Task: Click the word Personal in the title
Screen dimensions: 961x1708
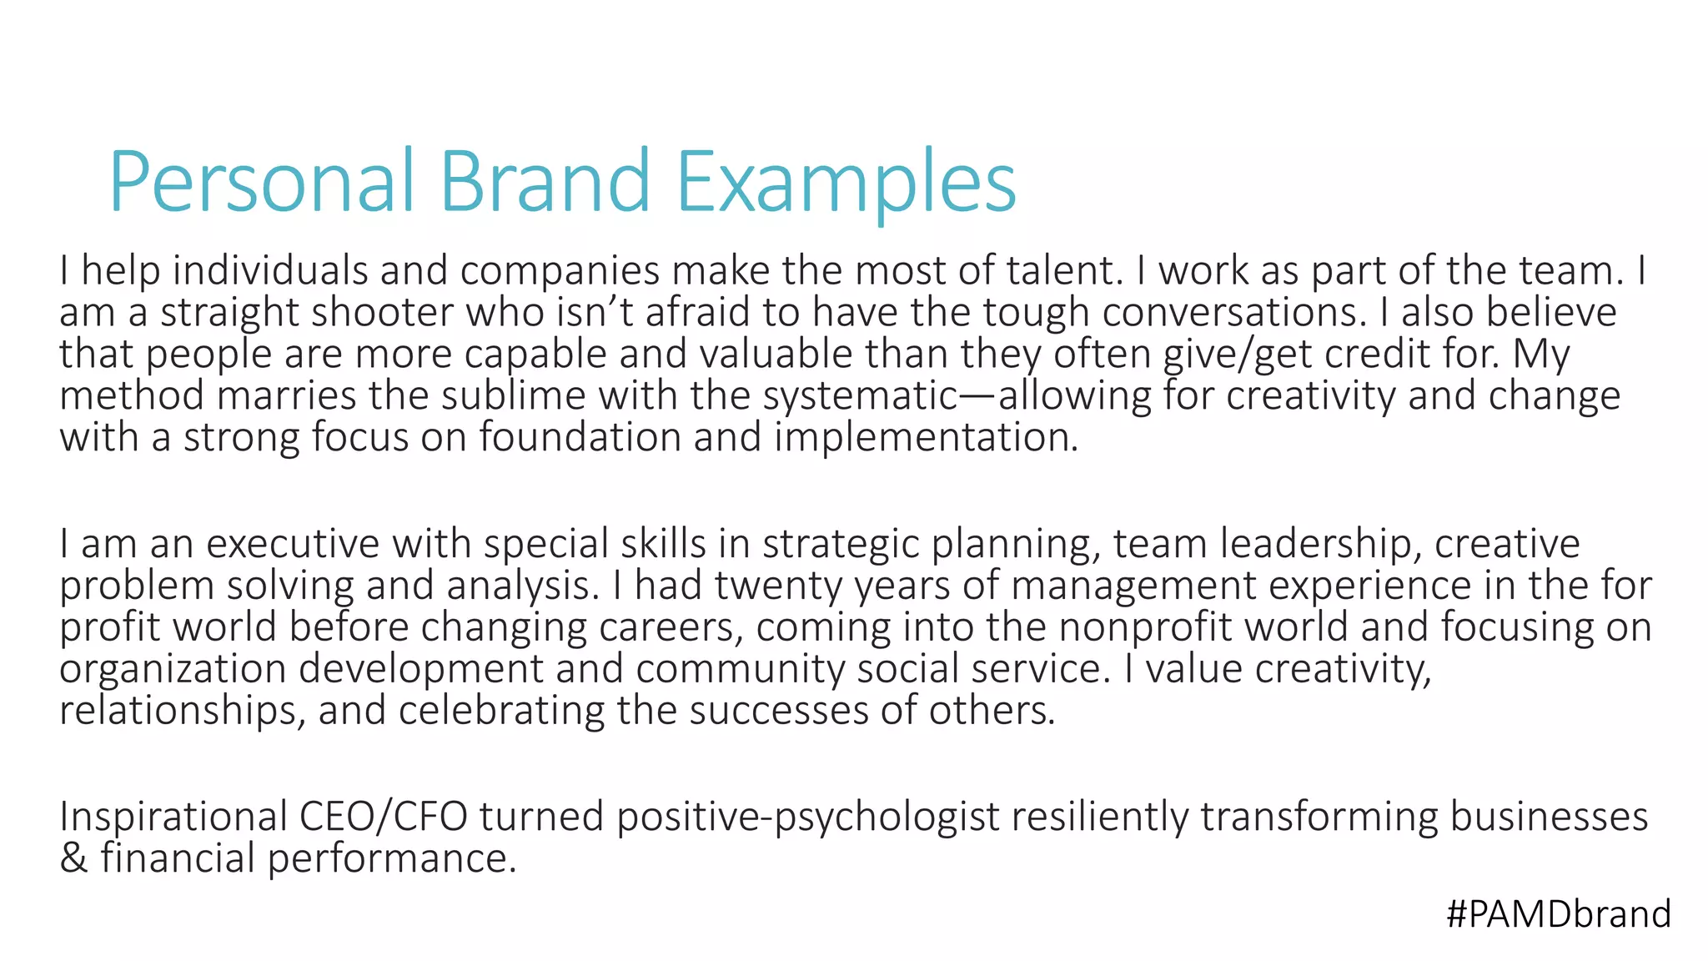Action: pyautogui.click(x=261, y=182)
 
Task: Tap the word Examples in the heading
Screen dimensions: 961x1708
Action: pyautogui.click(x=846, y=182)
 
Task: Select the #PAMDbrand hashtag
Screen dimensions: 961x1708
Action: pyautogui.click(x=1558, y=914)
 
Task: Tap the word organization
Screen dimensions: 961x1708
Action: pyautogui.click(x=173, y=669)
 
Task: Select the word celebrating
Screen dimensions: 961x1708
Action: pyautogui.click(x=501, y=711)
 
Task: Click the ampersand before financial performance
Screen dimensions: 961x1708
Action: pyautogui.click(x=73, y=858)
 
